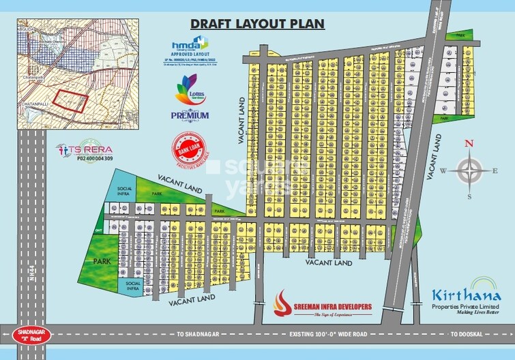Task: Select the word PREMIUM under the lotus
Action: (x=189, y=115)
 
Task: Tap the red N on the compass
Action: (x=468, y=143)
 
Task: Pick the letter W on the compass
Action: (x=443, y=171)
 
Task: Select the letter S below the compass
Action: (x=469, y=196)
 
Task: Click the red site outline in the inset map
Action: (x=72, y=100)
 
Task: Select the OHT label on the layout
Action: (x=98, y=230)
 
